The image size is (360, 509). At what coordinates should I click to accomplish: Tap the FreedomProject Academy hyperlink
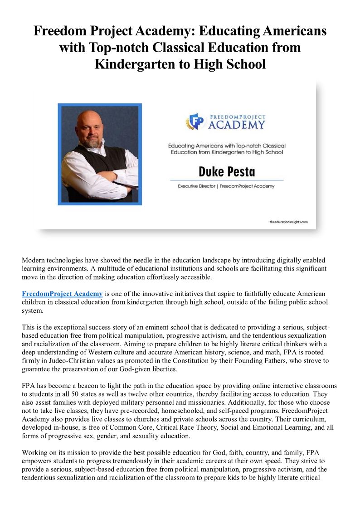point(62,294)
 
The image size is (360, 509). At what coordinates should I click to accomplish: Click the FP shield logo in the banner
point(196,121)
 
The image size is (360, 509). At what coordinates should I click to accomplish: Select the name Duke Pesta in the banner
point(227,172)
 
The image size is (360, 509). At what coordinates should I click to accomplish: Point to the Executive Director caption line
point(226,186)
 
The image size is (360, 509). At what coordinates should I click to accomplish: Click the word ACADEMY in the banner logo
point(236,124)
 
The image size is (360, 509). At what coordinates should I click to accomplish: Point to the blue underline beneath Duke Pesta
point(227,180)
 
